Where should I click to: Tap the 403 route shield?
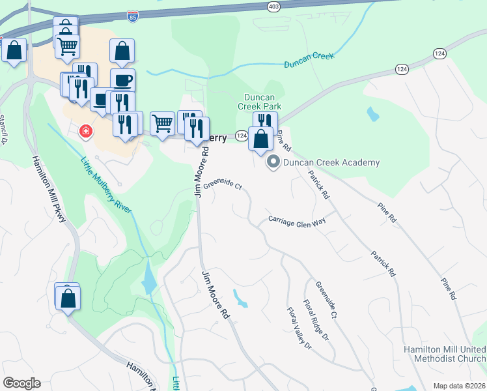(274, 5)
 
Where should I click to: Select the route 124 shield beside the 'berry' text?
(241, 136)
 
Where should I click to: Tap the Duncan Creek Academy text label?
(331, 162)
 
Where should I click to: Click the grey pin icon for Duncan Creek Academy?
(273, 162)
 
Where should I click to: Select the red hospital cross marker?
(85, 133)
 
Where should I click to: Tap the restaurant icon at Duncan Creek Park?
(265, 121)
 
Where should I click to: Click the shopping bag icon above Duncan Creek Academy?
(260, 139)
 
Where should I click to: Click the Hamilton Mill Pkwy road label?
(49, 190)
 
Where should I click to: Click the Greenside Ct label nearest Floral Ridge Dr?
(326, 300)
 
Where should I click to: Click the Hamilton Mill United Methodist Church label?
(445, 354)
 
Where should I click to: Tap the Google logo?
(21, 383)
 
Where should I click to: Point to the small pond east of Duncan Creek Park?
(372, 114)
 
